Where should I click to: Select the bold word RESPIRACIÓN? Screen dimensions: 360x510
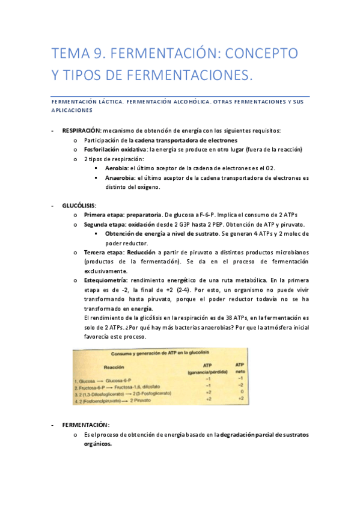[x=82, y=131]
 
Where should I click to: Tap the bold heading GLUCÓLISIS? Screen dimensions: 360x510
[x=79, y=206]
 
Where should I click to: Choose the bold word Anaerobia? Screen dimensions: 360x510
[x=120, y=177]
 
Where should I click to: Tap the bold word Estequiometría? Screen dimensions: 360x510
[x=105, y=280]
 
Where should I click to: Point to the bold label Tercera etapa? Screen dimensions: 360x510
[x=105, y=252]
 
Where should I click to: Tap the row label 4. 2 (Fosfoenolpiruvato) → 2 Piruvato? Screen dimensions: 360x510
[x=114, y=399]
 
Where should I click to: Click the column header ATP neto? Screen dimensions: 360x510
[x=239, y=367]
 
